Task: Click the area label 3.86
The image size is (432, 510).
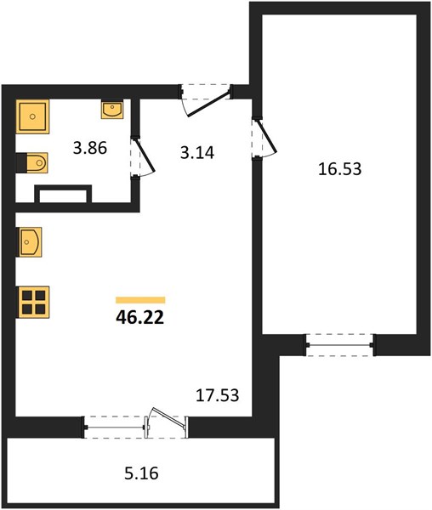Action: pyautogui.click(x=90, y=148)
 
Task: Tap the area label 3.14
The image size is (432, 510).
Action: pyautogui.click(x=197, y=152)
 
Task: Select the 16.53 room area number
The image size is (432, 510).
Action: pyautogui.click(x=339, y=169)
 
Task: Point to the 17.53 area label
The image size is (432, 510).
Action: pyautogui.click(x=218, y=395)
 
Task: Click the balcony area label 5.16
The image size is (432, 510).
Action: pyautogui.click(x=141, y=473)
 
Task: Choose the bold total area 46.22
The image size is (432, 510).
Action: pyautogui.click(x=139, y=317)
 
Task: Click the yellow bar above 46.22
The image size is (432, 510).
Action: pyautogui.click(x=140, y=300)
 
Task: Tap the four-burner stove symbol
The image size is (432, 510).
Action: pyautogui.click(x=34, y=302)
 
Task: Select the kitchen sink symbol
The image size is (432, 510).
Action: pyautogui.click(x=31, y=242)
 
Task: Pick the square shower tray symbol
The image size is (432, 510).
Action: pyautogui.click(x=32, y=116)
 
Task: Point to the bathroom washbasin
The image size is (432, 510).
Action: pyautogui.click(x=112, y=109)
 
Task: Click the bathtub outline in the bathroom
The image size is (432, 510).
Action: pyautogui.click(x=63, y=194)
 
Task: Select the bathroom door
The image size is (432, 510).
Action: pyautogui.click(x=143, y=156)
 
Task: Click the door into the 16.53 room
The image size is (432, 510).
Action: pyautogui.click(x=267, y=136)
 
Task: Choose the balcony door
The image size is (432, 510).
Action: pyautogui.click(x=167, y=422)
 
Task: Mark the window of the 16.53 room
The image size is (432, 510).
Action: pyautogui.click(x=339, y=345)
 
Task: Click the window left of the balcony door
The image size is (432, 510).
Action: pyautogui.click(x=115, y=427)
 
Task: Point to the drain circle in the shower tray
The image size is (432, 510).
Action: pyautogui.click(x=32, y=116)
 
